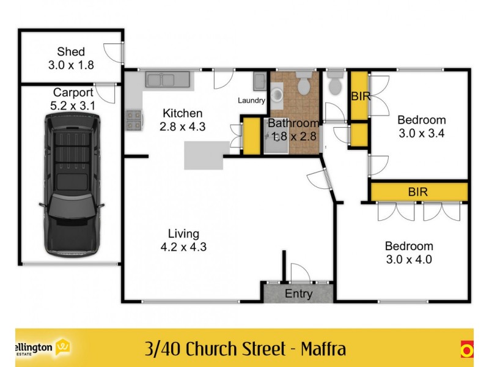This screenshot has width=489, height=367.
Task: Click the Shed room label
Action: [71, 51]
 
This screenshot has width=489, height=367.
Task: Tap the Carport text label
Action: [73, 92]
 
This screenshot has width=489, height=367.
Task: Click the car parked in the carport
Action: [72, 185]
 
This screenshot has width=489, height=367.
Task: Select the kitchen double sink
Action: [167, 80]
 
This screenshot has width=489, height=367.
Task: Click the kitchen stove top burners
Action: [134, 120]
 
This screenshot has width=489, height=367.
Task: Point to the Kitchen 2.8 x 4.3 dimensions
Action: [182, 127]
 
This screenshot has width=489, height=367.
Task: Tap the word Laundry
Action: [251, 100]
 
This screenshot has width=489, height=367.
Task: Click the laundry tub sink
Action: [259, 81]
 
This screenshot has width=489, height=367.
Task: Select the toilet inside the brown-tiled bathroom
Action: [303, 83]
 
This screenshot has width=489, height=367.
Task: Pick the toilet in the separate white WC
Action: [335, 83]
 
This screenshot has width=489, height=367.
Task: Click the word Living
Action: [183, 234]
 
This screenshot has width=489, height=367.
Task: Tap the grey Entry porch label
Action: [298, 294]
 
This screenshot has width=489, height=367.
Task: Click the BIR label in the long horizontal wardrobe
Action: [417, 191]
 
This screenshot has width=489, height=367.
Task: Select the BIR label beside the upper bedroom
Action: [361, 97]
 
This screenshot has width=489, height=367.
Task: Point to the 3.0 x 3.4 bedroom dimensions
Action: [422, 133]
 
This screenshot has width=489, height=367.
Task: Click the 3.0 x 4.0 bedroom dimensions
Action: [409, 259]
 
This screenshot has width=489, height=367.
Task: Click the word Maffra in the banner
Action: [323, 349]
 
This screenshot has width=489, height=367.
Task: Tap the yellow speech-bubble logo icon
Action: [63, 347]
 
